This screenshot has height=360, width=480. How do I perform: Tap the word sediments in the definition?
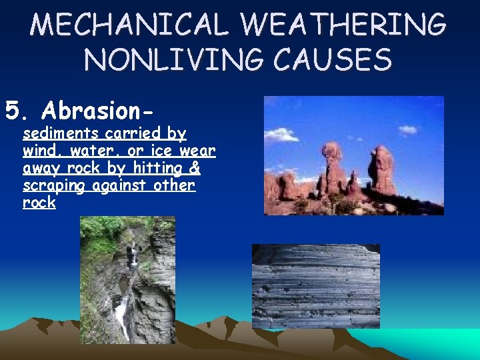pos(61,133)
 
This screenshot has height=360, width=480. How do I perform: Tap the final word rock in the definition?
pos(39,203)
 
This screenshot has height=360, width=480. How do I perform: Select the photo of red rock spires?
pos(353,155)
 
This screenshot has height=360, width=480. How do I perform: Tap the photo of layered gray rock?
pos(315,285)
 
